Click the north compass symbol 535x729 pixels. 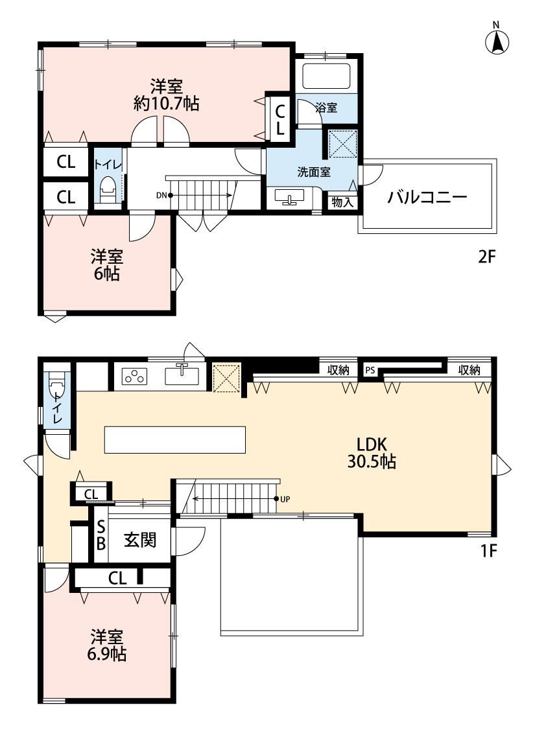pyautogui.click(x=497, y=41)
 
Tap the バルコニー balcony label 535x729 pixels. pyautogui.click(x=427, y=198)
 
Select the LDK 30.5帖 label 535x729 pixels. pyautogui.click(x=372, y=453)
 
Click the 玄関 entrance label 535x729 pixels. pyautogui.click(x=140, y=540)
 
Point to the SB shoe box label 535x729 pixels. pyautogui.click(x=101, y=535)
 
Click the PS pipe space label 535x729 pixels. pyautogui.click(x=370, y=371)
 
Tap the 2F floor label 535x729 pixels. pyautogui.click(x=487, y=256)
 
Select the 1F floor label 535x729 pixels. pyautogui.click(x=488, y=551)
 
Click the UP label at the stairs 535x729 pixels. pyautogui.click(x=285, y=500)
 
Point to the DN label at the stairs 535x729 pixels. pyautogui.click(x=161, y=195)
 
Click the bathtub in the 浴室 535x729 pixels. pyautogui.click(x=326, y=75)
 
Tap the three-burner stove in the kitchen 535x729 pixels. pyautogui.click(x=134, y=376)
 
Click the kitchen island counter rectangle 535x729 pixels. pyautogui.click(x=175, y=439)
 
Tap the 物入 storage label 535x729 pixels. pyautogui.click(x=343, y=202)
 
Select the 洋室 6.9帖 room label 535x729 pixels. pyautogui.click(x=106, y=645)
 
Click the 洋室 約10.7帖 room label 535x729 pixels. pyautogui.click(x=166, y=95)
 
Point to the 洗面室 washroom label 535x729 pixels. pyautogui.click(x=314, y=172)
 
